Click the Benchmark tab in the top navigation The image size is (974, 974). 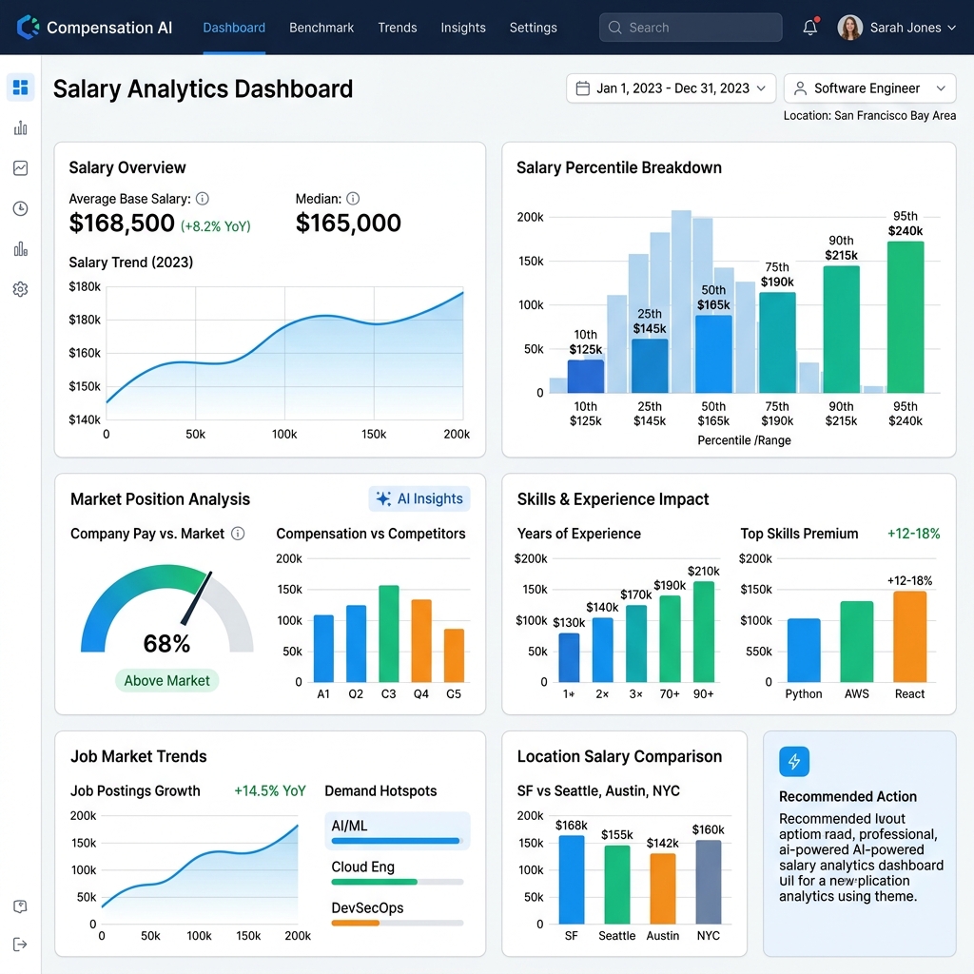[x=321, y=28]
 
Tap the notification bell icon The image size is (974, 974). [x=810, y=27]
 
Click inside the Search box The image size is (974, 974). [x=691, y=28]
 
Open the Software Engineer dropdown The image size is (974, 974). [x=869, y=88]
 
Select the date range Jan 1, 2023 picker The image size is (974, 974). [x=671, y=88]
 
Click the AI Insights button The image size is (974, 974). [x=419, y=498]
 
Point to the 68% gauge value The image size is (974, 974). [x=166, y=644]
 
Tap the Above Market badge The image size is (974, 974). [x=167, y=681]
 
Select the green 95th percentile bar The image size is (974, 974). [x=906, y=317]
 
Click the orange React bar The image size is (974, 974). [x=909, y=636]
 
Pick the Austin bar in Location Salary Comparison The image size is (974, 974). [x=663, y=888]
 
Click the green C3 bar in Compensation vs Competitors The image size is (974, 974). [x=389, y=633]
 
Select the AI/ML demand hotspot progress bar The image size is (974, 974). [x=396, y=841]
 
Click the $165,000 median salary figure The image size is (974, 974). [x=348, y=223]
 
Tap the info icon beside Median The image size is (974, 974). [x=353, y=199]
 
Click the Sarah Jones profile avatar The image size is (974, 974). [x=849, y=28]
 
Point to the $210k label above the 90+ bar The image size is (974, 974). [x=703, y=571]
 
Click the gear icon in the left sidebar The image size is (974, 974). [x=21, y=289]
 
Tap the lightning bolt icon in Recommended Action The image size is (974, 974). [x=794, y=762]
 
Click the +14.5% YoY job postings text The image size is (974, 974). [x=269, y=790]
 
